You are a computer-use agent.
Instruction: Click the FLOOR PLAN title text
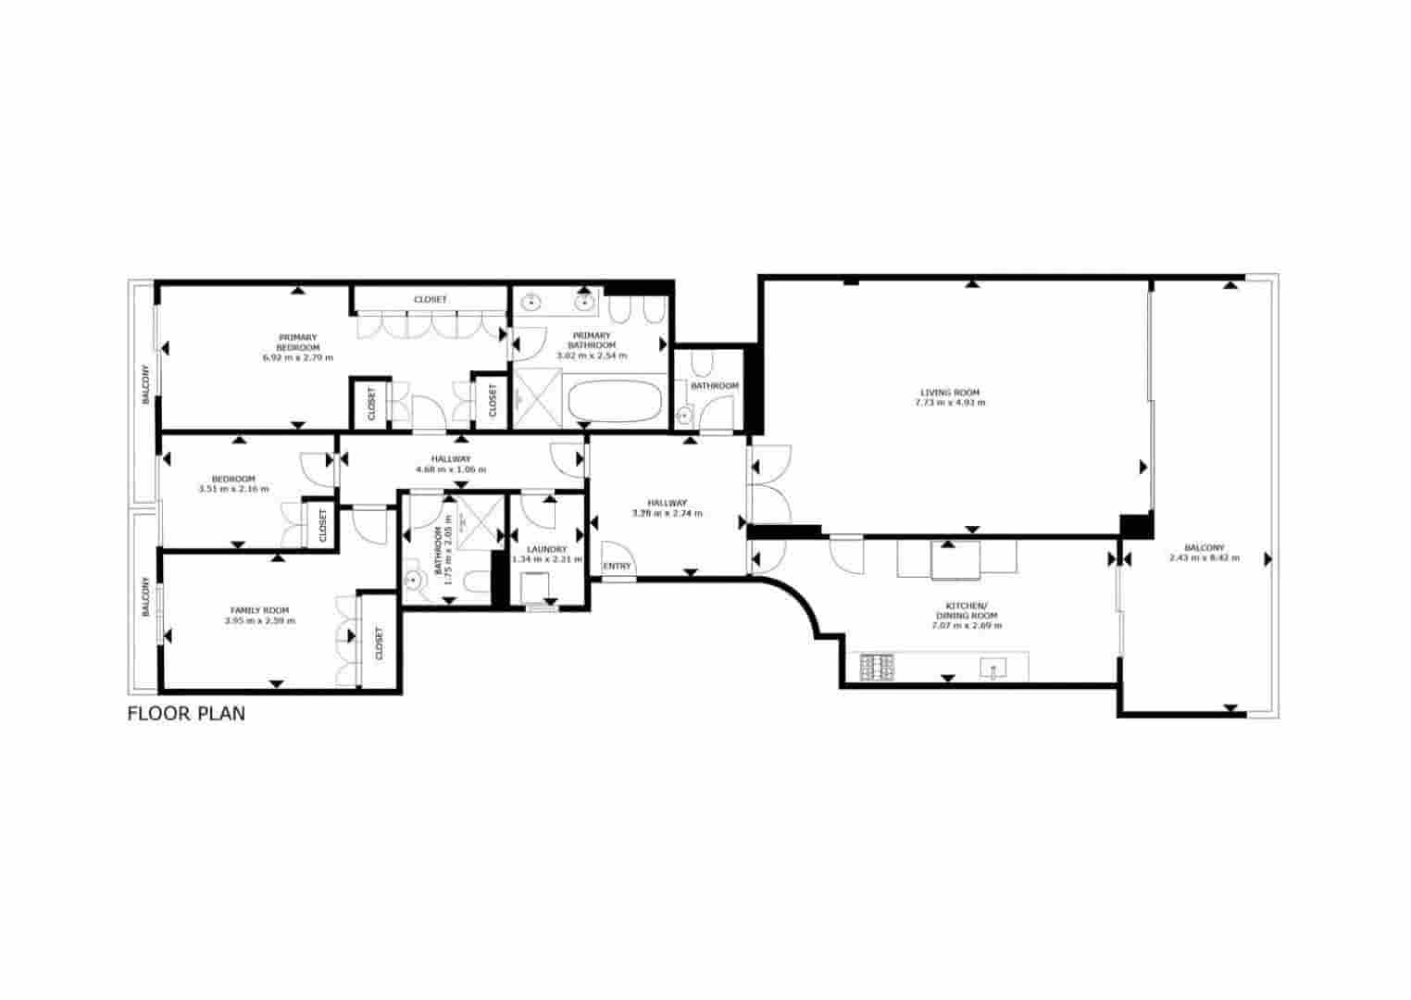[186, 714]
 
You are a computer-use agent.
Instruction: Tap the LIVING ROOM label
[949, 392]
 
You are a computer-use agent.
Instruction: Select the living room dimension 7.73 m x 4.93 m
[949, 403]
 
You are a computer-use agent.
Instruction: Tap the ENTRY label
[617, 566]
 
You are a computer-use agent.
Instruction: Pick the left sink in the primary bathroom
[532, 302]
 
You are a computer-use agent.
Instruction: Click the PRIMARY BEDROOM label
[297, 342]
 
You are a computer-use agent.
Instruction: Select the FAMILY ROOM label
[259, 610]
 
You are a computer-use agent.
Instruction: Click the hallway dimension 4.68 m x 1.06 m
[451, 469]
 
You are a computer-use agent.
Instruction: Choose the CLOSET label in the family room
[379, 644]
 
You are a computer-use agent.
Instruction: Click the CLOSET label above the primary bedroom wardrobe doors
[430, 299]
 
